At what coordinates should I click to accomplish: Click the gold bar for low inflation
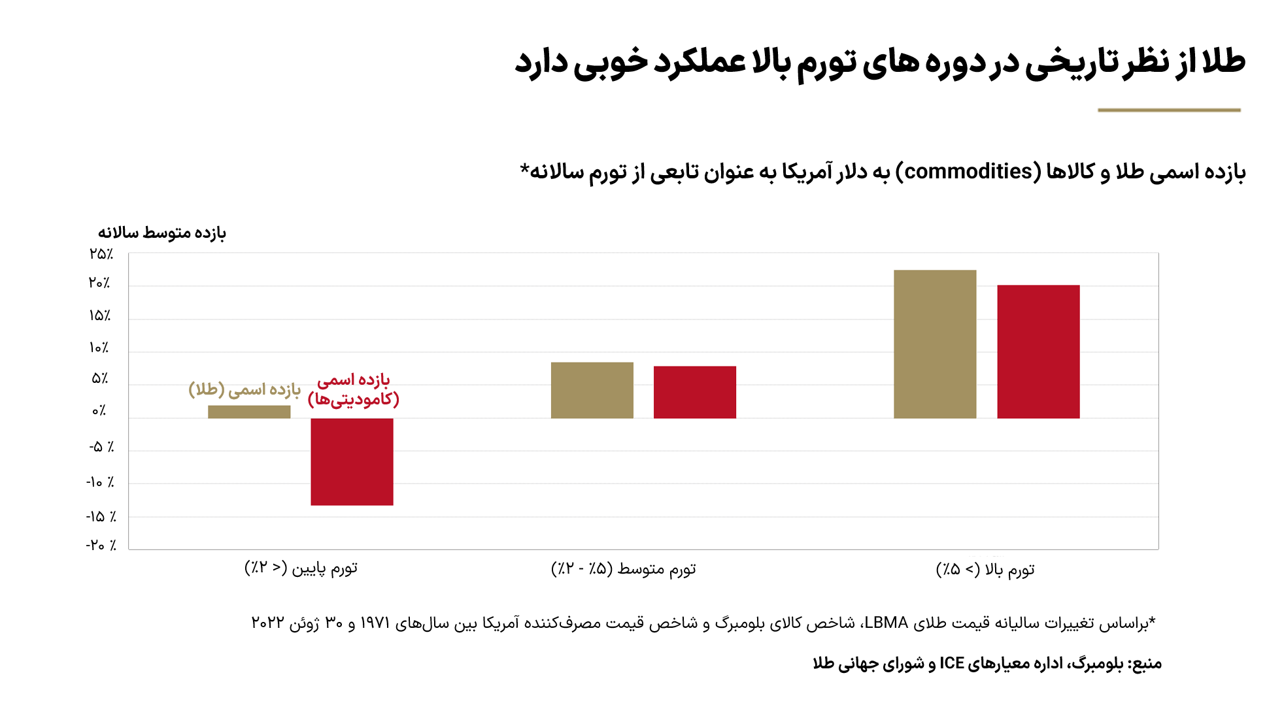[249, 412]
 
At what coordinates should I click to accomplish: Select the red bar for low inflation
[352, 461]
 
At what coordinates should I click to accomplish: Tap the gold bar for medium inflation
[592, 390]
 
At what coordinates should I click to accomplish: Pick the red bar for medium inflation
[694, 392]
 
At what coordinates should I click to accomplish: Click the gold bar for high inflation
[935, 344]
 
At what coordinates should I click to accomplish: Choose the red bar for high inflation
[1038, 351]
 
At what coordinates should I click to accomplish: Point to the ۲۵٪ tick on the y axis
[101, 254]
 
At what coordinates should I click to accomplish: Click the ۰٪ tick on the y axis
[99, 411]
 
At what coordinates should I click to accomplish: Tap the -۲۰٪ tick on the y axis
[101, 545]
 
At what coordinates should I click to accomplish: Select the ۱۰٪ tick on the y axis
[99, 348]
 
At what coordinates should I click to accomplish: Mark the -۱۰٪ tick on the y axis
[101, 482]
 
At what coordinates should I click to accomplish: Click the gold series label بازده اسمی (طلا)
[245, 389]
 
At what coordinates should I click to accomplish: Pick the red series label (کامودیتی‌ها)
[353, 399]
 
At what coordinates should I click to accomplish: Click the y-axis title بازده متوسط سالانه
[161, 233]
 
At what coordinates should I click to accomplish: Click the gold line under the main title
[1169, 110]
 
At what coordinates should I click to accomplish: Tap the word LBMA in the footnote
[886, 623]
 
